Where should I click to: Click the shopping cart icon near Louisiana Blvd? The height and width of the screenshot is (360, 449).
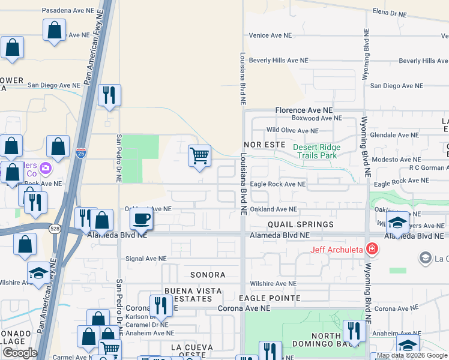click(x=199, y=156)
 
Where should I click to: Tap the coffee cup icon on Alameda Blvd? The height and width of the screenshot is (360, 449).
click(x=142, y=219)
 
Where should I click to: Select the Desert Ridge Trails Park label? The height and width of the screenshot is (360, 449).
click(x=316, y=151)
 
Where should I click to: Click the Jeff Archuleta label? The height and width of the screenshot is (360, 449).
click(x=336, y=250)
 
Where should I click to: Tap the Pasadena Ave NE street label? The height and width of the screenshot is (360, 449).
click(x=68, y=10)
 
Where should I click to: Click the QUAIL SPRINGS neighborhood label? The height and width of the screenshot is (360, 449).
click(x=301, y=224)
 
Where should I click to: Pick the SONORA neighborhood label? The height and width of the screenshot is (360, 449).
click(x=208, y=275)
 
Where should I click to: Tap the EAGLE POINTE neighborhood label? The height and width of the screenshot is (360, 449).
click(x=270, y=298)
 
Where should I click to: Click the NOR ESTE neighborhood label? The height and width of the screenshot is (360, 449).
click(x=265, y=145)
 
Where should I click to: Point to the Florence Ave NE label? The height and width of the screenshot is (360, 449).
click(x=304, y=110)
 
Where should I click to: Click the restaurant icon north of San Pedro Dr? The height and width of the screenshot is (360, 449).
click(x=109, y=94)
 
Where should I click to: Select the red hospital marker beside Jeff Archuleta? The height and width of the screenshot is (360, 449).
click(x=372, y=248)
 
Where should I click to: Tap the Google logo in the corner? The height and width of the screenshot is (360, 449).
click(x=20, y=353)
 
